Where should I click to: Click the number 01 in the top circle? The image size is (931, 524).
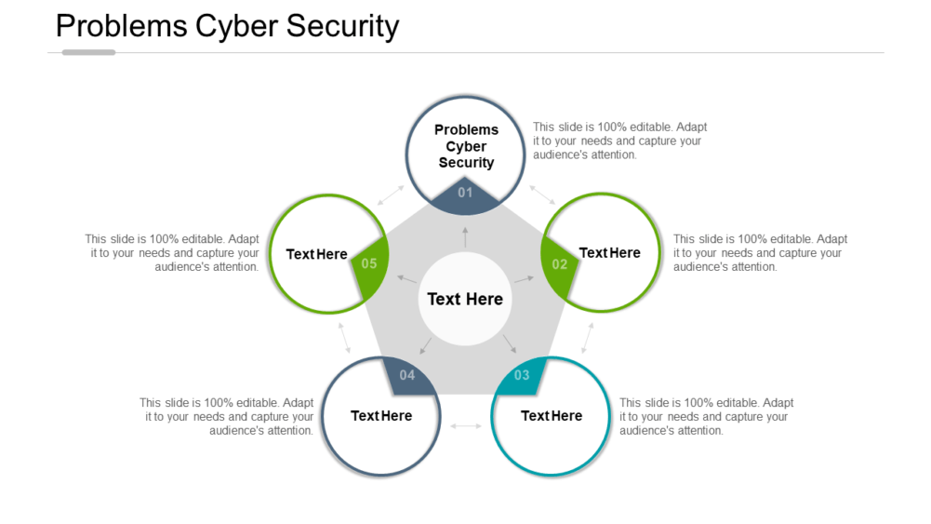465,193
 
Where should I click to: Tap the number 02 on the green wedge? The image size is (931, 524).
559,264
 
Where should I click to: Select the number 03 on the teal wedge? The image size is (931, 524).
521,375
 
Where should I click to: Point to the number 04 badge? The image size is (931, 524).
407,375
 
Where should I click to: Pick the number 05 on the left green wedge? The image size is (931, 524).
369,263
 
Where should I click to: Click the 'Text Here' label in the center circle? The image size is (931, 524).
465,299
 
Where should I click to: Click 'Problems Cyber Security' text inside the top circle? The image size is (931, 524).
466,146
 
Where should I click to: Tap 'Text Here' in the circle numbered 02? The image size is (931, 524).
609,253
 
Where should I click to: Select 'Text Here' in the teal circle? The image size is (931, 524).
552,416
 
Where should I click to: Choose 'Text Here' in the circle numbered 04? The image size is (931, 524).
381,416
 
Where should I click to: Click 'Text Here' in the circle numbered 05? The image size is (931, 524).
316,254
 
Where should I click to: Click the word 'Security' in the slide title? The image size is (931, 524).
343,26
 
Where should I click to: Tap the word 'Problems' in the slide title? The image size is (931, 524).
121,26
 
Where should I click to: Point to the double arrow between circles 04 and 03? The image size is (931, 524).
466,425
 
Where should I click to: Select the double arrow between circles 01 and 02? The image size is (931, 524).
541,194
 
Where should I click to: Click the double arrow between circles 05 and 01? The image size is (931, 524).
391,195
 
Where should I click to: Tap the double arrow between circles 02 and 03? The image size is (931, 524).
587,337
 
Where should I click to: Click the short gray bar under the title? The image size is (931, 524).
88,52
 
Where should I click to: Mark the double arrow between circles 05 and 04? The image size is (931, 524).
344,337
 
